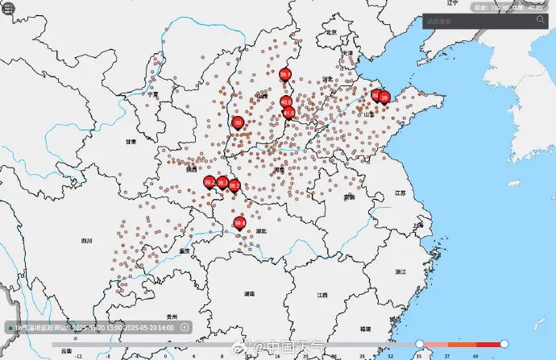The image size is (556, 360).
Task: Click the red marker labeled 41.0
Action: point(288,114)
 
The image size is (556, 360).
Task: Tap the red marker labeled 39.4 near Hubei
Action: point(239,223)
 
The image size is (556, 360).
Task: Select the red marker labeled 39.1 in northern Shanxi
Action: point(284,75)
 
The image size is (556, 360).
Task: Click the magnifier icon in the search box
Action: point(539,21)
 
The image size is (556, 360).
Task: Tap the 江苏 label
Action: point(400,193)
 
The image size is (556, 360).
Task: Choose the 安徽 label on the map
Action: point(349,197)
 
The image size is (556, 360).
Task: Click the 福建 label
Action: point(367,329)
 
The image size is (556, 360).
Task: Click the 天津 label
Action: point(347,53)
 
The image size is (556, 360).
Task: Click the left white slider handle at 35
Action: point(420,344)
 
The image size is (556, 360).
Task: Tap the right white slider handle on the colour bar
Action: point(504,344)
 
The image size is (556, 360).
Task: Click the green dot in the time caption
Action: point(10,328)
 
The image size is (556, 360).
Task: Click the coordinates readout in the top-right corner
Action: point(508,6)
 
